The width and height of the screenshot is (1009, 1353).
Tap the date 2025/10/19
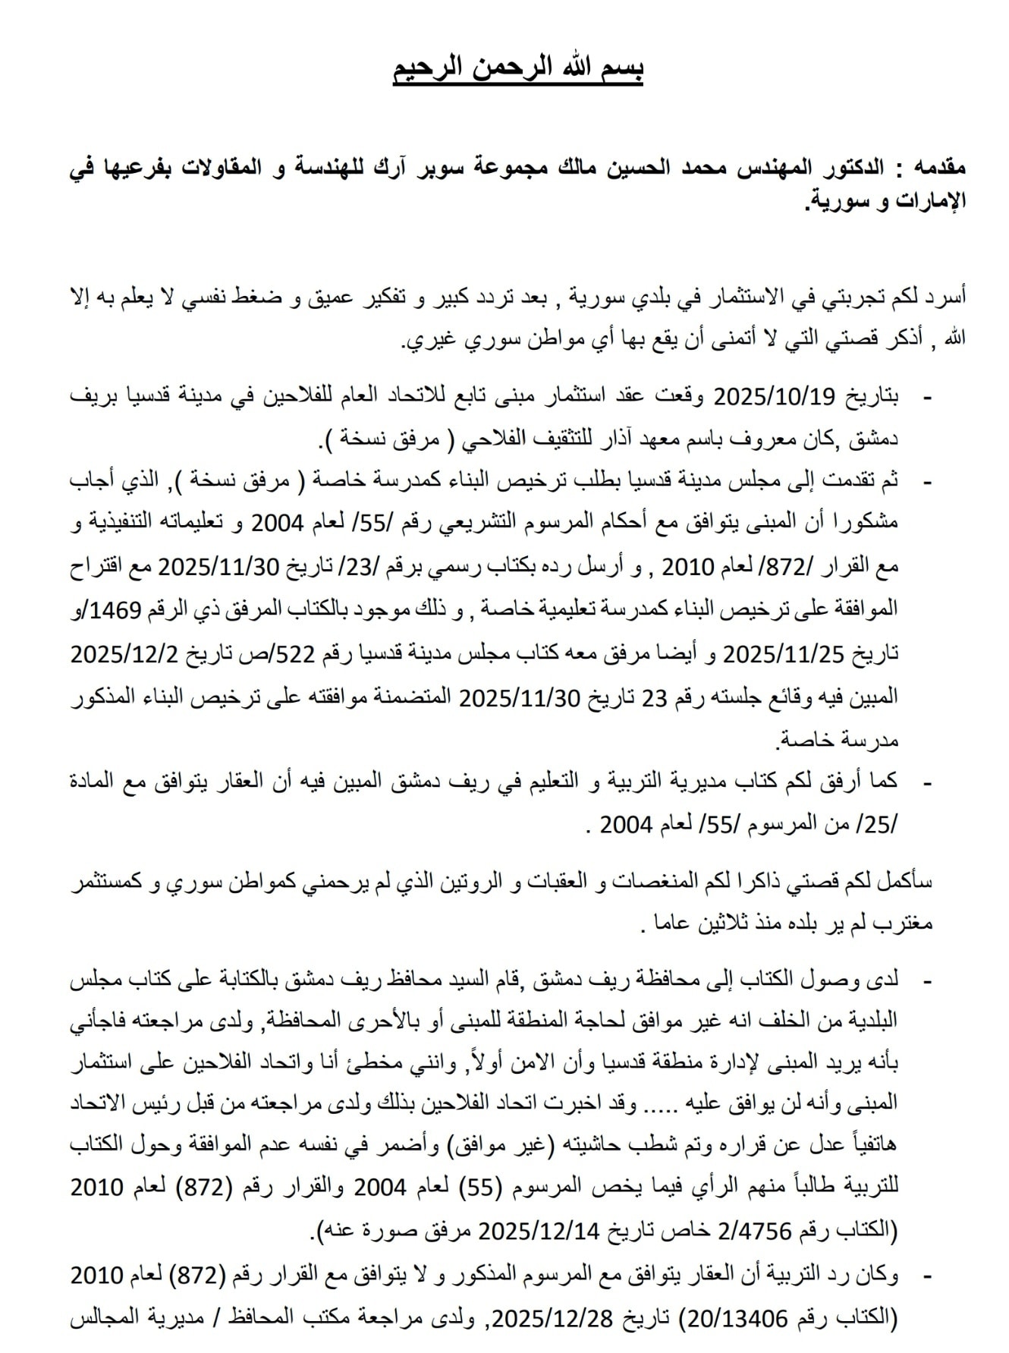click(x=775, y=396)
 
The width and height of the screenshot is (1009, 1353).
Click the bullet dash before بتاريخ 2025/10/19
click(x=926, y=398)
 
